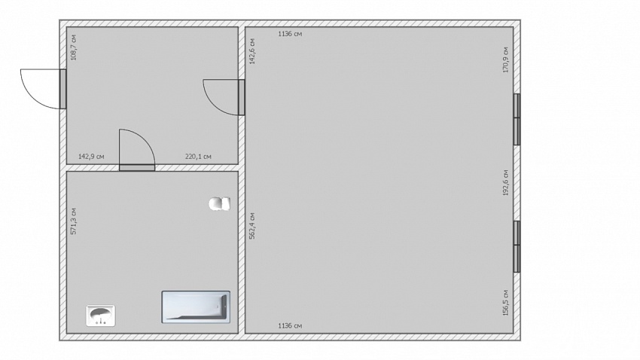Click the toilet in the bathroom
[220, 203]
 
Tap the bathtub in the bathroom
[196, 307]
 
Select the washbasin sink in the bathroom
[100, 316]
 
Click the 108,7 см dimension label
[74, 47]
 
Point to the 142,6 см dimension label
[251, 51]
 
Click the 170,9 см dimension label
[506, 59]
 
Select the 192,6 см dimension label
[506, 182]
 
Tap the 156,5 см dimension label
[506, 303]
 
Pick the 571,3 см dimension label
[74, 221]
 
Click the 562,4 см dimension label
[251, 226]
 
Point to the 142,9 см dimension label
[91, 157]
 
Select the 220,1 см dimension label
[198, 157]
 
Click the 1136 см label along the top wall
[290, 34]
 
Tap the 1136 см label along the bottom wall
[290, 325]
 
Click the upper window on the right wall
[517, 119]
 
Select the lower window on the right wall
[517, 246]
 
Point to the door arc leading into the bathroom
[145, 139]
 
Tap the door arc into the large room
[212, 105]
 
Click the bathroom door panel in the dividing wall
[137, 168]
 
